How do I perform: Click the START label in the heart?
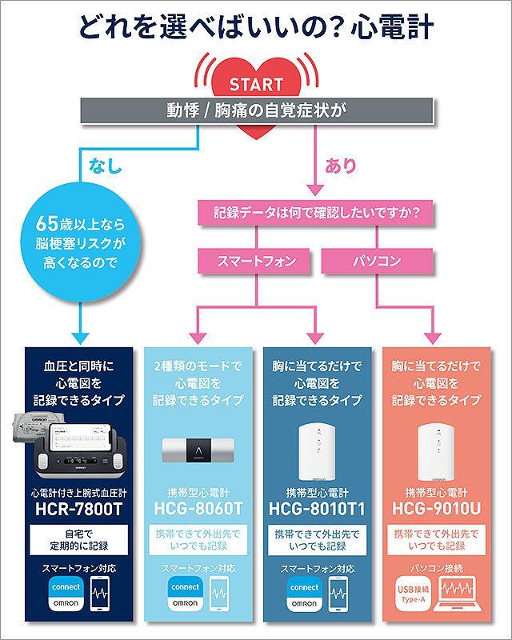[x=256, y=84]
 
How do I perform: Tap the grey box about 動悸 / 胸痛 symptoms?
[x=256, y=111]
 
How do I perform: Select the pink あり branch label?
[x=341, y=166]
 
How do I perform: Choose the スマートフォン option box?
[x=257, y=261]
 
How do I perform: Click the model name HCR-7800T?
[x=77, y=508]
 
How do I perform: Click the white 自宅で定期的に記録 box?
[x=77, y=539]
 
